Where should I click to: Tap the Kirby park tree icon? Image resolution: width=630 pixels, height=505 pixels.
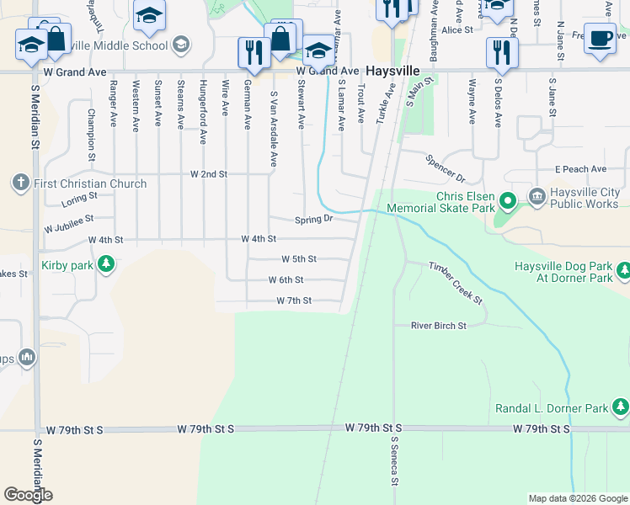[x=106, y=265]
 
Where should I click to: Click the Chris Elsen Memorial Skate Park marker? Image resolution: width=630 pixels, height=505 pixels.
[x=507, y=201]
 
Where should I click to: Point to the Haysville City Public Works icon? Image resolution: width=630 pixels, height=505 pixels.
[x=537, y=196]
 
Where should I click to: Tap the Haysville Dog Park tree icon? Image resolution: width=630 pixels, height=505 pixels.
[x=622, y=271]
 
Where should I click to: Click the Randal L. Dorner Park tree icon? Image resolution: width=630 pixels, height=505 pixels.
[x=621, y=408]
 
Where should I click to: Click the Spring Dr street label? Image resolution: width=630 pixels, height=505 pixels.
[x=314, y=220]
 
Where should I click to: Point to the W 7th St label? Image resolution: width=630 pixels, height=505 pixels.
[x=294, y=300]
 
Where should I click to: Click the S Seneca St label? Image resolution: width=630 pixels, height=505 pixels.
[x=393, y=462]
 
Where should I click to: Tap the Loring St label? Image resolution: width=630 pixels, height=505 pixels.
[x=80, y=199]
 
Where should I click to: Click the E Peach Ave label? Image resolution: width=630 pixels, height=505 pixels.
[x=580, y=169]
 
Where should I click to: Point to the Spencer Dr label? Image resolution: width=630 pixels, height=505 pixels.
[x=445, y=168]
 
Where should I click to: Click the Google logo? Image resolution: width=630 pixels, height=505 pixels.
[x=28, y=495]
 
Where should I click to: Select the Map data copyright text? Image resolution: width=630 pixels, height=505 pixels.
[x=578, y=498]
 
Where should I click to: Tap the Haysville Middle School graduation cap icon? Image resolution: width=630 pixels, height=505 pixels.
[x=179, y=44]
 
